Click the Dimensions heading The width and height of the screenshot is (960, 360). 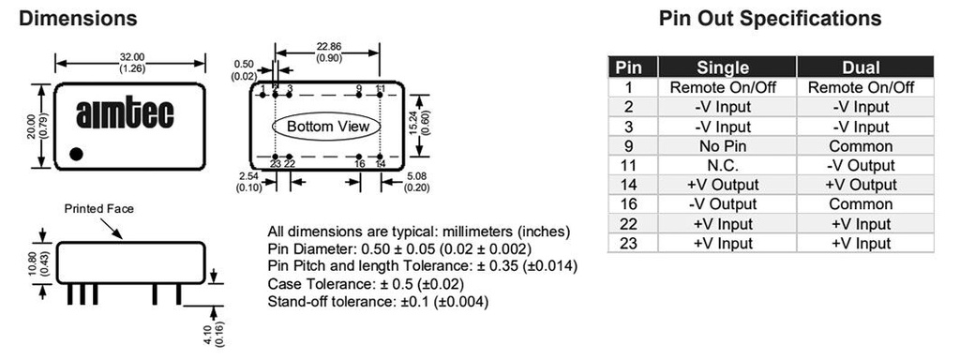pos(78,19)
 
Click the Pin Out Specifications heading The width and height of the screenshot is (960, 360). pos(771,19)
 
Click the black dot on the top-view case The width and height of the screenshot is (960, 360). pos(76,154)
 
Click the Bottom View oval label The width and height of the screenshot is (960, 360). pos(328,127)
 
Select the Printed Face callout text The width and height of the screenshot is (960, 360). pos(98,209)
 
